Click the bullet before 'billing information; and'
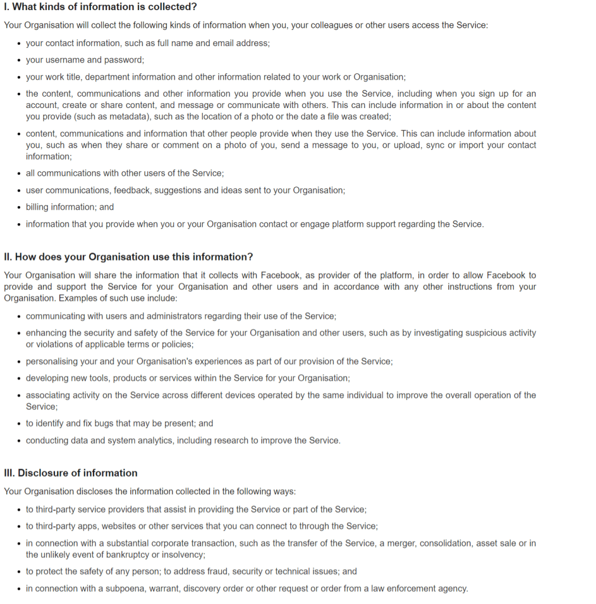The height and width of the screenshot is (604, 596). pos(20,208)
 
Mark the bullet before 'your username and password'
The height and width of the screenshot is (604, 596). pos(20,60)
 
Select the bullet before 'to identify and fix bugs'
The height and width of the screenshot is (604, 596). pos(20,424)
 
